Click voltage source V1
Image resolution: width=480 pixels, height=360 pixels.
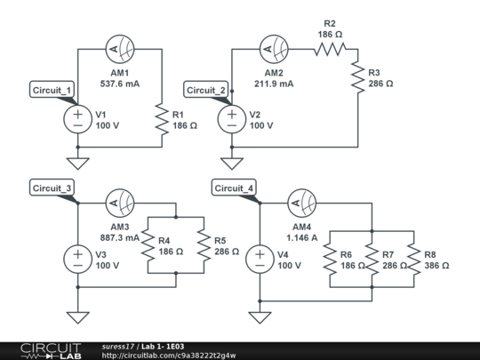point(77,120)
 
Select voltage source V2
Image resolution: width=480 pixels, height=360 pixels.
point(232,120)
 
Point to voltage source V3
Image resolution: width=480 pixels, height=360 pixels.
point(77,260)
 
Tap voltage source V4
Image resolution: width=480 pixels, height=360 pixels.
point(260,260)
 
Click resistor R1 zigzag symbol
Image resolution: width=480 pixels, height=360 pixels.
point(160,120)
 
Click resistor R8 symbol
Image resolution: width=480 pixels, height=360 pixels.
point(413,260)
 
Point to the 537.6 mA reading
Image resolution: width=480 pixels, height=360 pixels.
point(120,85)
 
